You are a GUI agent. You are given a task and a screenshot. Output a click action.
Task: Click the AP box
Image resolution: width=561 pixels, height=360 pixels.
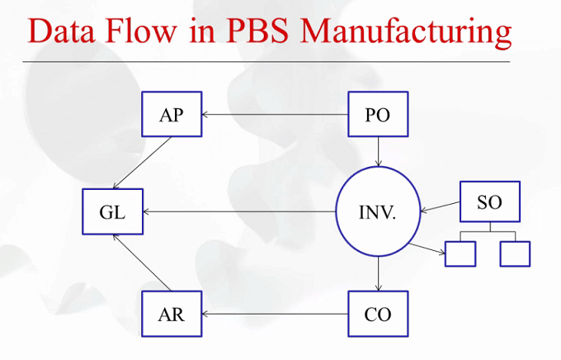point(172,114)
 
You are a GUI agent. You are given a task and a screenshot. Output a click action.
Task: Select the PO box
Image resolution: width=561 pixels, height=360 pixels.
point(378,114)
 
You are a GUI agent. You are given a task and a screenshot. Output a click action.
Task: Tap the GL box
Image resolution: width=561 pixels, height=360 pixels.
point(113,211)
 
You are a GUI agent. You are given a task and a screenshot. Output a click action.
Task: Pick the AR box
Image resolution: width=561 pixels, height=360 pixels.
point(172,314)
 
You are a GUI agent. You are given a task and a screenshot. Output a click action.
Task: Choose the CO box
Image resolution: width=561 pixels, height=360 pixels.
point(378,314)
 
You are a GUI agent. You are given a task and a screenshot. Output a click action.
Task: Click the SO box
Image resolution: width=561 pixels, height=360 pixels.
point(490,201)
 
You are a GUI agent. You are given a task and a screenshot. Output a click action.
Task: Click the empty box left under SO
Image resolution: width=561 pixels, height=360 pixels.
point(460,254)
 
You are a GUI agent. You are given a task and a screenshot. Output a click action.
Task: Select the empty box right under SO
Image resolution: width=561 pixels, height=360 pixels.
point(515,254)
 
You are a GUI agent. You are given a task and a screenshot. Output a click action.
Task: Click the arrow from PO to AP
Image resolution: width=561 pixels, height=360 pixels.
point(275,115)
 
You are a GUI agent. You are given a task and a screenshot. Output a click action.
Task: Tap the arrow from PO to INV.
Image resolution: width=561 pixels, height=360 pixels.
point(378,152)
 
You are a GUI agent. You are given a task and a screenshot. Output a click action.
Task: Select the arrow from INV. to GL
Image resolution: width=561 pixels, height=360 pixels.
point(239,211)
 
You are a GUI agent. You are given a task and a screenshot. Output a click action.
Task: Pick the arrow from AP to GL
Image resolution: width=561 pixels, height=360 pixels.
point(142,163)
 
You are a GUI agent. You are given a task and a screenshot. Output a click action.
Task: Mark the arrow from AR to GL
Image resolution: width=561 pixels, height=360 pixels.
point(142,263)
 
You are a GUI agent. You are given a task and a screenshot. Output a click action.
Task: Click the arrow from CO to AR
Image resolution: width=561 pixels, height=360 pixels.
point(275,314)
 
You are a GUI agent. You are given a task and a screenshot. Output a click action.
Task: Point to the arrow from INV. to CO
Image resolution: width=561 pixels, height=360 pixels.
point(378,273)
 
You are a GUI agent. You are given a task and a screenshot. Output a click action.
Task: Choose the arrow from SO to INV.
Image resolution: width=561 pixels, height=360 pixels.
point(441,206)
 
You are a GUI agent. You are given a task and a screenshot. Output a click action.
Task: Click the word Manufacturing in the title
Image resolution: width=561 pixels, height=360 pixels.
point(406,31)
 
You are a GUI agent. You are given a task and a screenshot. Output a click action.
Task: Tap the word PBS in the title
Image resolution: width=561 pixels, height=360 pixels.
point(257,31)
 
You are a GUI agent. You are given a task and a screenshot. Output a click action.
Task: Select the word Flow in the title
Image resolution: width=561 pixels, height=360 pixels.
point(141,31)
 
